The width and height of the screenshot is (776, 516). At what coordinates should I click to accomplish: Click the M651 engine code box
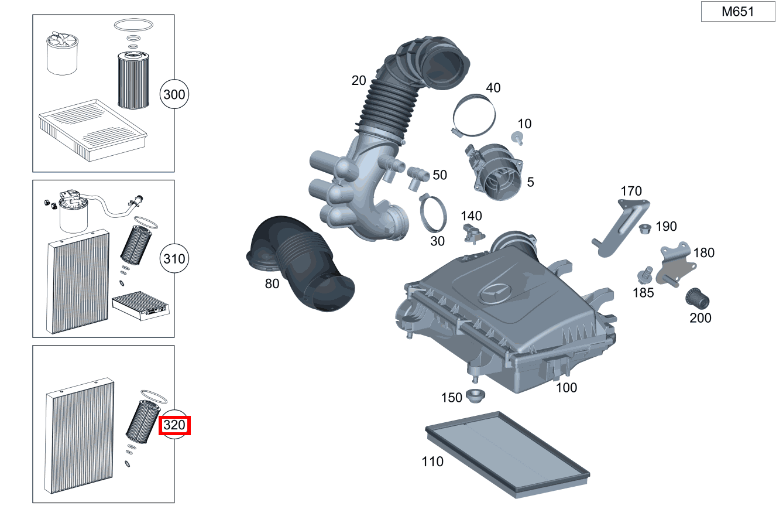[737, 12]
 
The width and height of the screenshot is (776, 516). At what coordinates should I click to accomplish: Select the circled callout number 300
[174, 94]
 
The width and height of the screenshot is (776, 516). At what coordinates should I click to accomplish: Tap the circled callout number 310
[174, 259]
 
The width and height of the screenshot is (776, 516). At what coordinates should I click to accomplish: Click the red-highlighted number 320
[174, 425]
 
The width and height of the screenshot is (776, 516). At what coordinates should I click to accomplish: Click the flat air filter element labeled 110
[507, 453]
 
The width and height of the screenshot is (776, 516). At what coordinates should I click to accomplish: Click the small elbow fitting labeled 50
[417, 176]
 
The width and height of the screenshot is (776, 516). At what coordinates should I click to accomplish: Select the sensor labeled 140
[472, 232]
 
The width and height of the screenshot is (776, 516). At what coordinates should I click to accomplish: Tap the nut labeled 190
[645, 228]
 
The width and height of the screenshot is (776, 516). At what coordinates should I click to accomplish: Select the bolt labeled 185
[645, 274]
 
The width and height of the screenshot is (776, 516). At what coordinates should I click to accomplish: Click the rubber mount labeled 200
[698, 298]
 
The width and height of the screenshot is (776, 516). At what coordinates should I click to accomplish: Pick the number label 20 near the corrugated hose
[359, 80]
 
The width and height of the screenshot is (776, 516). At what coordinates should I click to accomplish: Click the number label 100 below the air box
[566, 387]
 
